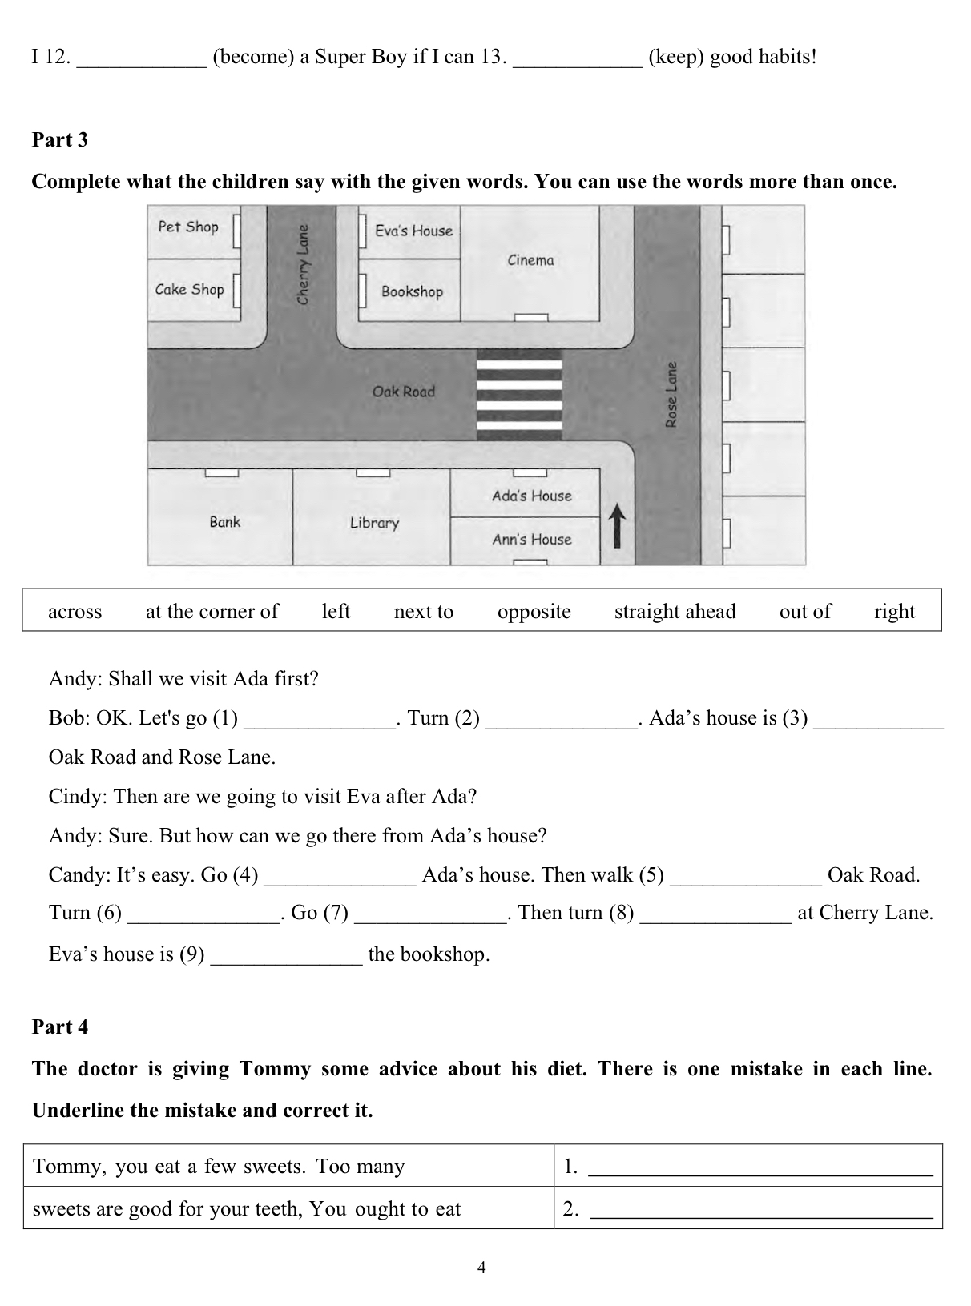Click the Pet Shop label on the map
click(188, 227)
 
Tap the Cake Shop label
click(189, 289)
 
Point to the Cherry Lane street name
click(303, 263)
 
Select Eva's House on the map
click(413, 231)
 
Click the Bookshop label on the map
click(412, 291)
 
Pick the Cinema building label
click(530, 260)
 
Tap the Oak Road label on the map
click(403, 392)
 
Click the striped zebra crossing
click(519, 395)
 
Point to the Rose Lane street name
click(671, 395)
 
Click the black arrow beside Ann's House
click(617, 524)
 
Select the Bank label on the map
click(224, 522)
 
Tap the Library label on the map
click(374, 523)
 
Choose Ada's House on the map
click(532, 496)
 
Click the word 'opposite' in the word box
click(534, 612)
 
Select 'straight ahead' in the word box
click(675, 612)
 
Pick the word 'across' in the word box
click(75, 612)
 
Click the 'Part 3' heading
click(60, 140)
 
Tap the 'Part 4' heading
click(60, 1027)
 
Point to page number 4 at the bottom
click(481, 1268)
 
